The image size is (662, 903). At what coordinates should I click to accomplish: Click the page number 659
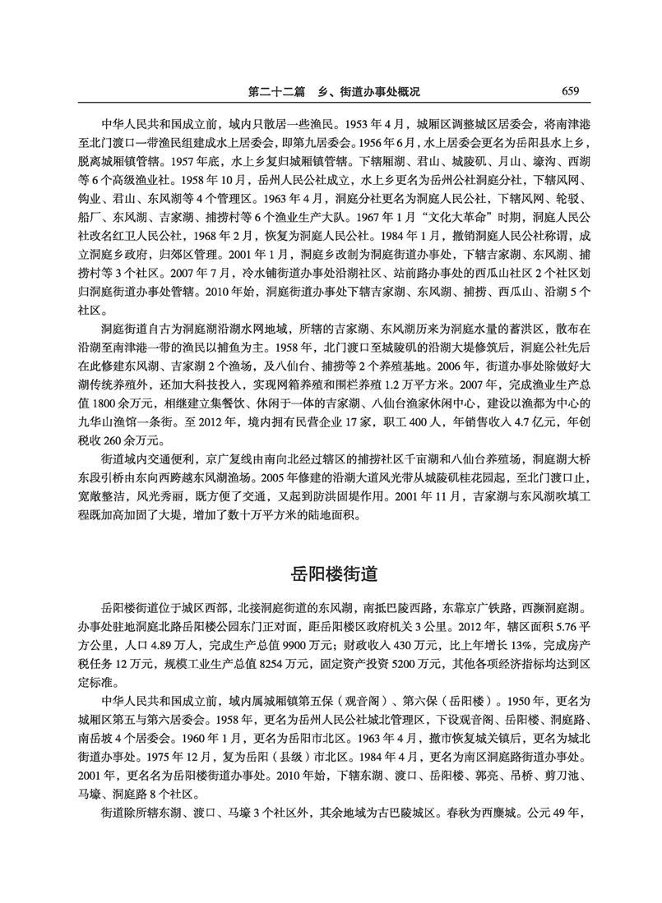[572, 90]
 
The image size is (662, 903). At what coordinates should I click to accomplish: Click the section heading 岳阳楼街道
[331, 573]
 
